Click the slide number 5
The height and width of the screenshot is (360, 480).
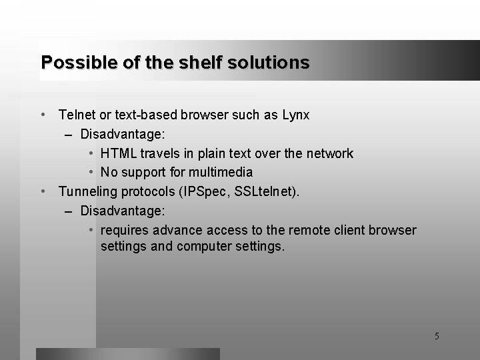(x=437, y=337)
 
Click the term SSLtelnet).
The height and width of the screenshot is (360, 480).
(x=267, y=192)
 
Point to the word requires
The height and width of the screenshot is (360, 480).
(x=125, y=231)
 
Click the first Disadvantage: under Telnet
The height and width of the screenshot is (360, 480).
(x=123, y=134)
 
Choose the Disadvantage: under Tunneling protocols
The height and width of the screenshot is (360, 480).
(x=123, y=211)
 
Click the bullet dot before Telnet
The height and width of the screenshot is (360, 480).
(x=43, y=115)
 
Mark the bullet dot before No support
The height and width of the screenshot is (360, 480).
(x=91, y=173)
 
